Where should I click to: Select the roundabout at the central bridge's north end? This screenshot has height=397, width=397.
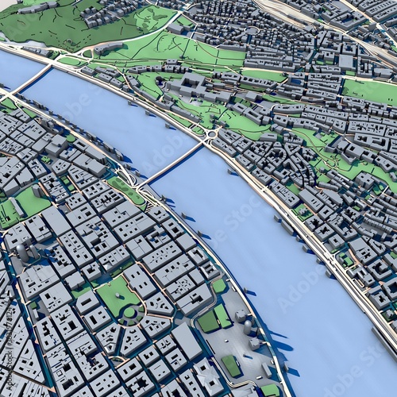click(212, 134)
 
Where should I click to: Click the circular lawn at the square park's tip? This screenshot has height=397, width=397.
click(129, 312)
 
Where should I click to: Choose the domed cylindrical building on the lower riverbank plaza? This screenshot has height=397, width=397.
click(249, 326)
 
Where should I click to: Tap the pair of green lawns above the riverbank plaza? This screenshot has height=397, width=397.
click(215, 318)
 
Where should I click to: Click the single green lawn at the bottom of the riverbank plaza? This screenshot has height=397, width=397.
click(231, 364)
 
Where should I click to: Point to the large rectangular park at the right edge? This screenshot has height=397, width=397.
click(370, 91)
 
